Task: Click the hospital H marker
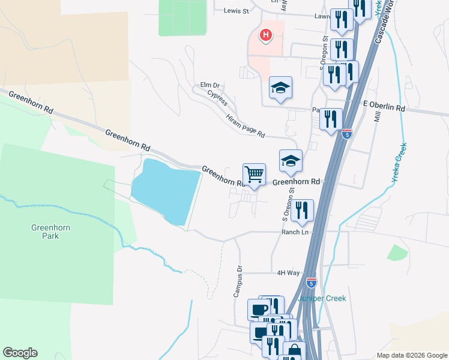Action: click(x=265, y=35)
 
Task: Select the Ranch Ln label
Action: click(x=295, y=232)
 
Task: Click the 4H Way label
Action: click(x=288, y=272)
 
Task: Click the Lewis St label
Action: click(x=236, y=11)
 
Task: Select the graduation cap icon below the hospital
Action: click(x=280, y=89)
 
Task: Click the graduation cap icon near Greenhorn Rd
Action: click(x=291, y=161)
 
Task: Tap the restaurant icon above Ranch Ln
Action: click(x=302, y=211)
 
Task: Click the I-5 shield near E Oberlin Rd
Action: click(x=347, y=134)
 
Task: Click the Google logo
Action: click(x=20, y=353)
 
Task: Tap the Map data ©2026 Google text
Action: click(x=411, y=355)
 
